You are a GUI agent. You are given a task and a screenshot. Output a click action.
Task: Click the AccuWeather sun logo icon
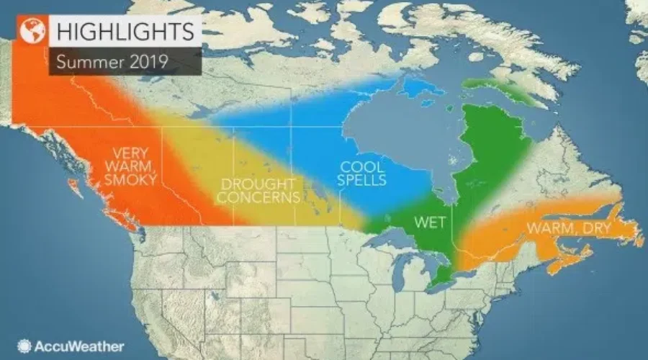point(24,346)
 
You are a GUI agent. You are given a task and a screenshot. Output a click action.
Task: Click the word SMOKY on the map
point(130,180)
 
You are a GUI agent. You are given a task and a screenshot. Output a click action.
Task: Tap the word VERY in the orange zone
point(127,153)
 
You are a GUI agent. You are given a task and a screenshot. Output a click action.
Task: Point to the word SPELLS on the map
point(363,180)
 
